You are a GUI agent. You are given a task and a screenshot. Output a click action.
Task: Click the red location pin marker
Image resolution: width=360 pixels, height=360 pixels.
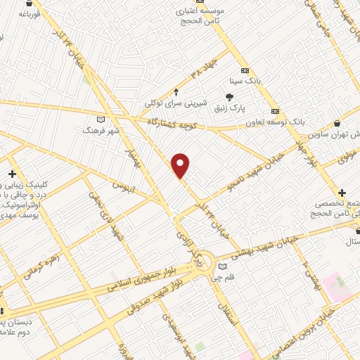(x=181, y=165)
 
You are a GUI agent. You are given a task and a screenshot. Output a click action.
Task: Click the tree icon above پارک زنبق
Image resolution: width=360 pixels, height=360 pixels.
(x=229, y=97)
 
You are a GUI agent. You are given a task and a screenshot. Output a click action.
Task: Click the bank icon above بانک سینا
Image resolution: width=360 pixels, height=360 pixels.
(x=245, y=70)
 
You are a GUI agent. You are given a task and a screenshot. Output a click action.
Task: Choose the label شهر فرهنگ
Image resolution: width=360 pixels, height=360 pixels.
(x=101, y=131)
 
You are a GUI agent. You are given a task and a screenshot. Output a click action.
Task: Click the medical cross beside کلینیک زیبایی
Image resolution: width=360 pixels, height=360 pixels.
(x=11, y=174)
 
